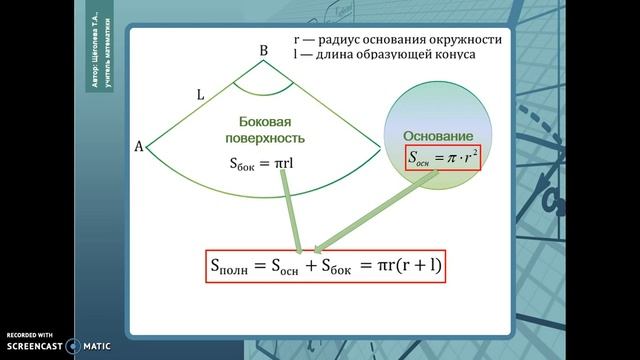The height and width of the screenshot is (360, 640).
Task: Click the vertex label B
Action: coord(263,50)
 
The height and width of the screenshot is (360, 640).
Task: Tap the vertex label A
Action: coord(139,147)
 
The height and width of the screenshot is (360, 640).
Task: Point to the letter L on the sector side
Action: coord(200,95)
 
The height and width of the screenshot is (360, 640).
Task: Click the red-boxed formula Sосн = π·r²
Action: coord(443,157)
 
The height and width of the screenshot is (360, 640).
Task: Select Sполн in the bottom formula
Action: coord(236,267)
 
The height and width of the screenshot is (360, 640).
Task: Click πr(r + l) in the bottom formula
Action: coord(405,267)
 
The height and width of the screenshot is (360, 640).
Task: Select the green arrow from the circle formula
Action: coord(375,211)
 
